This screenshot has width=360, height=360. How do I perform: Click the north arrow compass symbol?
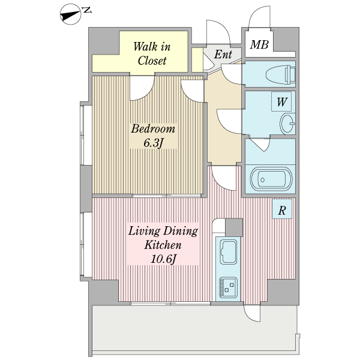(70, 14)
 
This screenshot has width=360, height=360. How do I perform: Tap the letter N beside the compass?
(87, 10)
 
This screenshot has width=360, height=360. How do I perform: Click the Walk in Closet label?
(152, 54)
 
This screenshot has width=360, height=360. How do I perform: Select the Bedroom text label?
(153, 129)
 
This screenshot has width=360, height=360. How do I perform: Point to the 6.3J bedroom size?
(153, 143)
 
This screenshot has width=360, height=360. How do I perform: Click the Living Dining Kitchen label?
(163, 238)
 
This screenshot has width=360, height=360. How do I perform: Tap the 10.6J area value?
(163, 259)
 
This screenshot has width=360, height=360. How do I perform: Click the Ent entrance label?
(223, 55)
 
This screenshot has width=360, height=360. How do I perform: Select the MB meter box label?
(259, 44)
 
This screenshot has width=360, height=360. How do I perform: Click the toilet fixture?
(280, 74)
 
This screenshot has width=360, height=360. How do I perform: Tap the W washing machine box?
(281, 102)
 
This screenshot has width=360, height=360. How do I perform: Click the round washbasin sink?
(287, 124)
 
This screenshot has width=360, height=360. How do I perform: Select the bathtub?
(271, 179)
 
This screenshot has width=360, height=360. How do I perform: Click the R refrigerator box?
(282, 209)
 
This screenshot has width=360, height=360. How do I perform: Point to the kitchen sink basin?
(229, 252)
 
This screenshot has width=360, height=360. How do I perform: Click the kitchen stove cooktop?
(228, 287)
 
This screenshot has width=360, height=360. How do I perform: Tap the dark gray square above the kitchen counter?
(234, 227)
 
